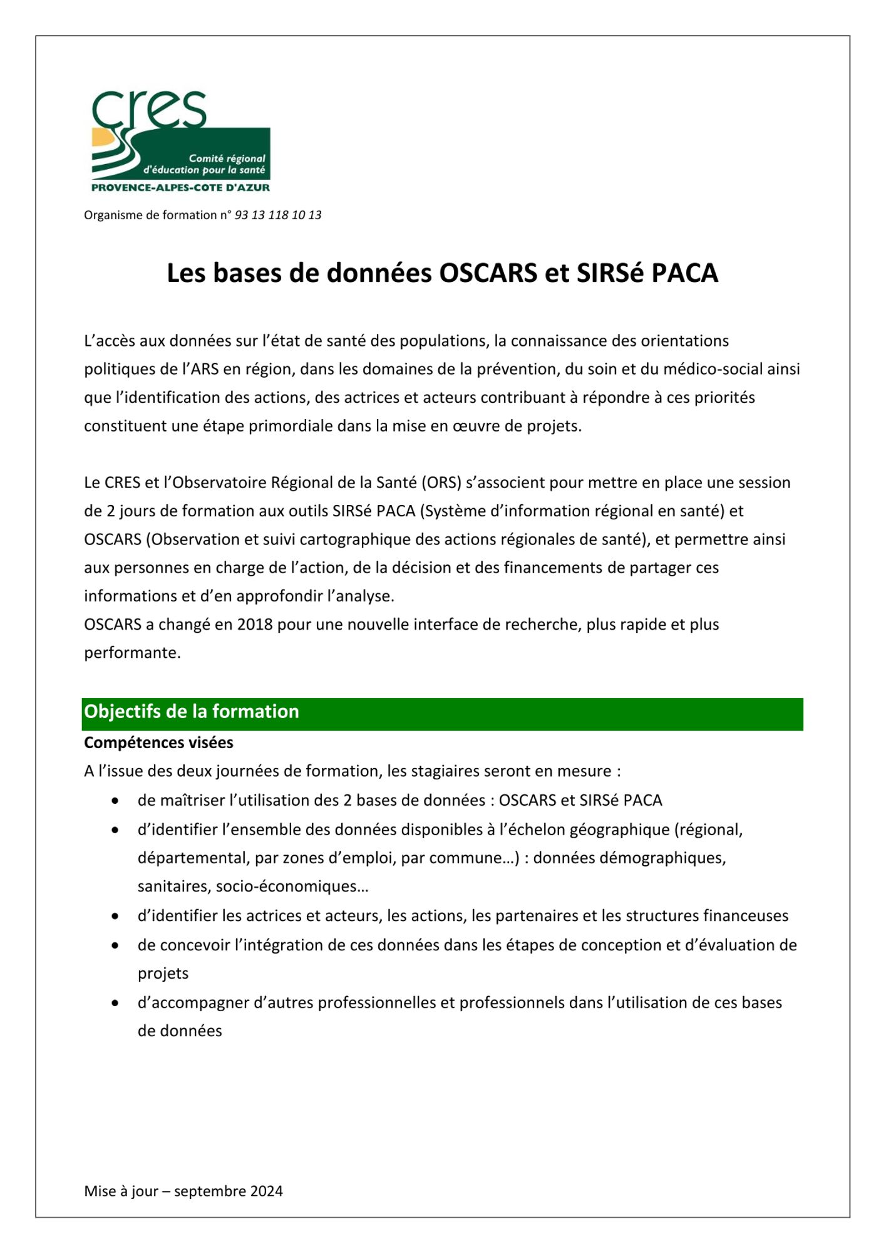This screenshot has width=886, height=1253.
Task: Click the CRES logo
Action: (180, 142)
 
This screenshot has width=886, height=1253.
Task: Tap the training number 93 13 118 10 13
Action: (277, 215)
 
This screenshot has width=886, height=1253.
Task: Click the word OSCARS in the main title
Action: (488, 273)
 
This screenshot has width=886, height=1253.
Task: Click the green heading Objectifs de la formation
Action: (192, 712)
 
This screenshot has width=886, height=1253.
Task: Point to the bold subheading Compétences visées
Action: (158, 742)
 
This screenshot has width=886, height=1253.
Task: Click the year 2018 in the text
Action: (255, 625)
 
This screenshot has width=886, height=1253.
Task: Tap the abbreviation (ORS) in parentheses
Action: (441, 483)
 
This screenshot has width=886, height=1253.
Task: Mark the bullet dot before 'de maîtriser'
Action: (115, 801)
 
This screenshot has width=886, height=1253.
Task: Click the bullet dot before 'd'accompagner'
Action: (115, 1003)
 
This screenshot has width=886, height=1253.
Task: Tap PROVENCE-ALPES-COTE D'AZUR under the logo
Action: (180, 187)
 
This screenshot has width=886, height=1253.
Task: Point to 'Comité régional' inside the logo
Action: (227, 159)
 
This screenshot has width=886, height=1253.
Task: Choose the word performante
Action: (132, 653)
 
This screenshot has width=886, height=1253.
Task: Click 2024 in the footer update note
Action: (266, 1191)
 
